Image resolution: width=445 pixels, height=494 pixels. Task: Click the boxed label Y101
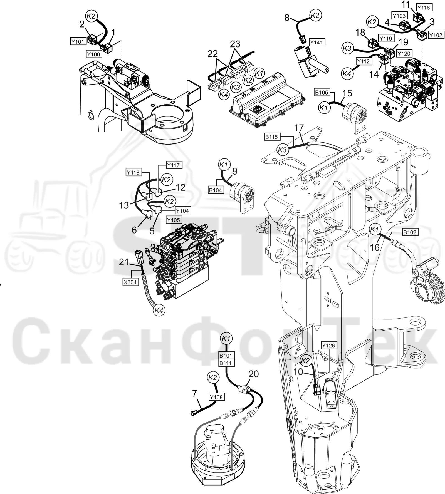tap(78, 42)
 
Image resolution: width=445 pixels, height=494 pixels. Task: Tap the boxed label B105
tap(322, 92)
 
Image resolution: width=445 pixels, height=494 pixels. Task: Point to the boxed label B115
tap(271, 137)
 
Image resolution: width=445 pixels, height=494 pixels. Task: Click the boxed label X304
tap(130, 282)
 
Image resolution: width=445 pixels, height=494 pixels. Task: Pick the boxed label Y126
tap(329, 346)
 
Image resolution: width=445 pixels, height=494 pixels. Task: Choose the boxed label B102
tap(410, 232)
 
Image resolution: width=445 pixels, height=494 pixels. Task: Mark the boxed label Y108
tap(216, 397)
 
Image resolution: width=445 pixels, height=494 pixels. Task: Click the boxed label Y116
tap(424, 8)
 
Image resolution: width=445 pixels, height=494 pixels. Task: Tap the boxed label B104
tap(216, 190)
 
